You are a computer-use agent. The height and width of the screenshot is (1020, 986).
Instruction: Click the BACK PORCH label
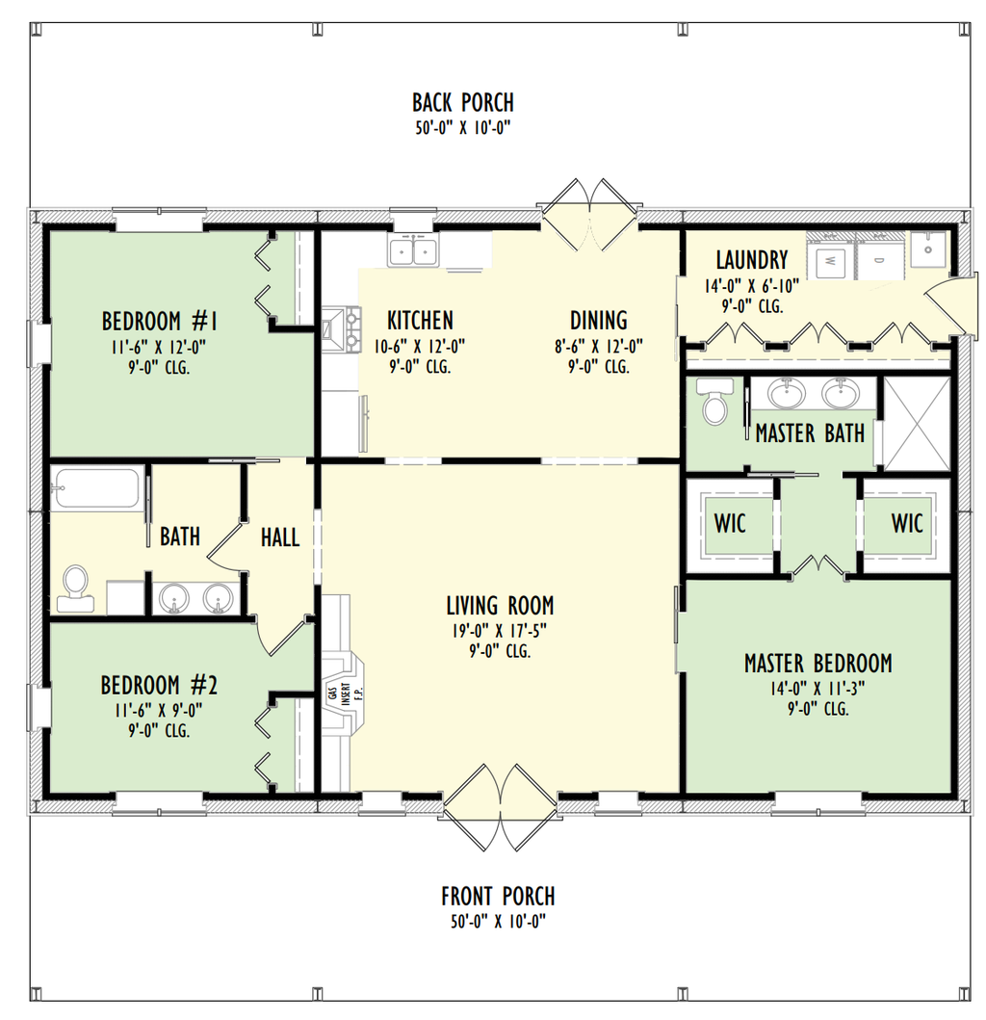[x=462, y=102]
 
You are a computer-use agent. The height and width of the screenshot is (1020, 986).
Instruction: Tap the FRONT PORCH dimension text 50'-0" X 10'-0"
[x=498, y=921]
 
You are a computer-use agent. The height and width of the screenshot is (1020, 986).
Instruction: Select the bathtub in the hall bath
[x=97, y=488]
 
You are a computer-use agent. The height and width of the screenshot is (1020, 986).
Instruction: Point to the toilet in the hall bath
[x=74, y=588]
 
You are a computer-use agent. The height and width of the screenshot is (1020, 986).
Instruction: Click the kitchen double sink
[x=413, y=253]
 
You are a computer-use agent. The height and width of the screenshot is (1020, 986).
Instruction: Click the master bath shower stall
[x=917, y=424]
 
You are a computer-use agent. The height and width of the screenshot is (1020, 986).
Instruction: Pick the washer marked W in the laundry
[x=831, y=258]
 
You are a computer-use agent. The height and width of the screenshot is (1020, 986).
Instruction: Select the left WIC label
[x=730, y=524]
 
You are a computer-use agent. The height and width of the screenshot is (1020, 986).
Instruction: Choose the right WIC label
[x=906, y=524]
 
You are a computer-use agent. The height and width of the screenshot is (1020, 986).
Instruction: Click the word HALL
[x=280, y=537]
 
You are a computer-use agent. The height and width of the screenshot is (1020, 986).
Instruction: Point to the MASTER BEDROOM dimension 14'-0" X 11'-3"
[x=817, y=688]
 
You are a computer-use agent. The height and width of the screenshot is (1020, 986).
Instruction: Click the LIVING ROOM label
[x=500, y=606]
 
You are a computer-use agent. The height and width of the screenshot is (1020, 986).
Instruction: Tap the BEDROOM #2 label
[x=159, y=686]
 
